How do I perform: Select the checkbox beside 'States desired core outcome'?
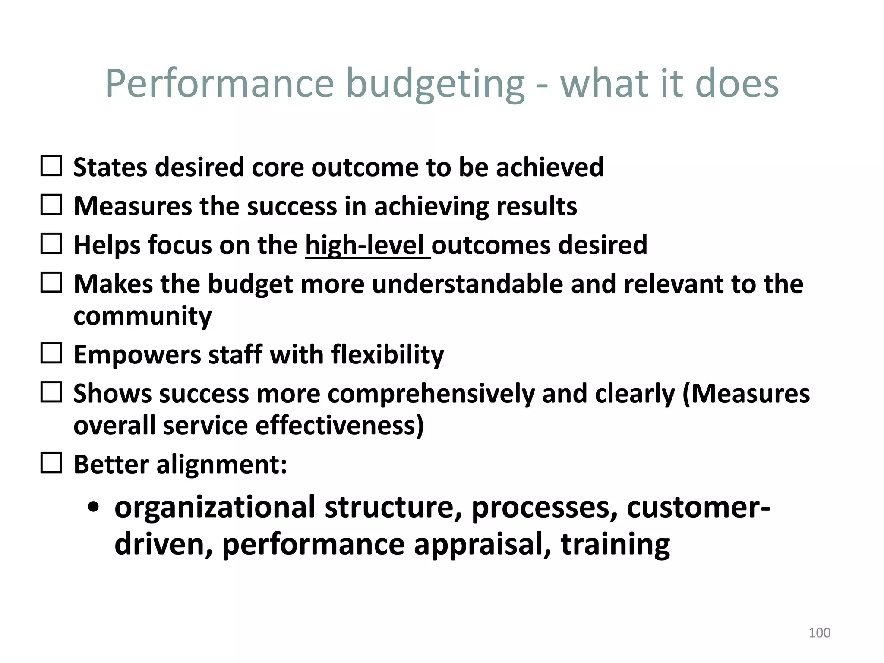point(51,166)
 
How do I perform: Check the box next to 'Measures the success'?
point(51,205)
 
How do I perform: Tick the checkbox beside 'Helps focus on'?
point(51,244)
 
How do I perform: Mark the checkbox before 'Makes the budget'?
point(51,283)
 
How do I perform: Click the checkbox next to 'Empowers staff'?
point(51,354)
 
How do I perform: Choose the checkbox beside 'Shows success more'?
point(51,392)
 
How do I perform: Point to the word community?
point(142,316)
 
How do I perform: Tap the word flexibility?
point(387,355)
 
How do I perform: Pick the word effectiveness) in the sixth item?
point(339,426)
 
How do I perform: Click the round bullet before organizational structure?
point(93,508)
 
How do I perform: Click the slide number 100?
point(819,633)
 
